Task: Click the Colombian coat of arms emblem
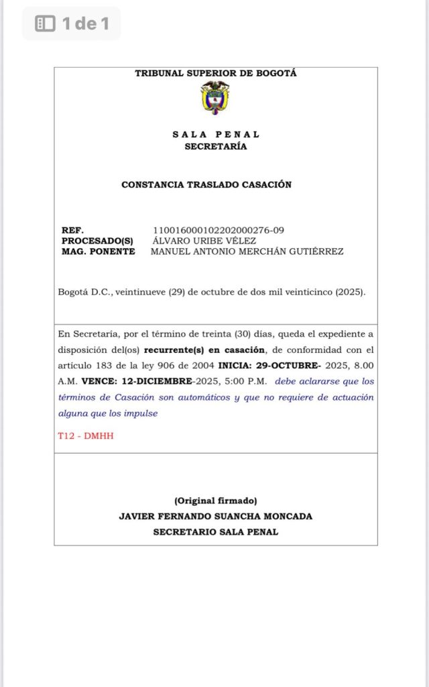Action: point(215,97)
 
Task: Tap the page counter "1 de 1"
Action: point(85,24)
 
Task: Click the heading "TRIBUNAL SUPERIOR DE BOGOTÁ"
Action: point(216,74)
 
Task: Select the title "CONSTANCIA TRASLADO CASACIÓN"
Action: point(206,184)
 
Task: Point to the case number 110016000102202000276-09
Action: point(219,230)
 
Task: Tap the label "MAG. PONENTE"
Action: point(98,252)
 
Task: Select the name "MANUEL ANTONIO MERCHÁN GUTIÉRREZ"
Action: point(247,252)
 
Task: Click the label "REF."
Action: point(72,230)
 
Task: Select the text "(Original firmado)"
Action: point(216,500)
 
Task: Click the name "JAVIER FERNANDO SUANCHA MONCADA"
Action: point(216,517)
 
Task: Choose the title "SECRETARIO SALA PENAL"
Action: point(216,532)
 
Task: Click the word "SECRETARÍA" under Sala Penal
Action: point(216,146)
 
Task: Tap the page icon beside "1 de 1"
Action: point(45,24)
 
